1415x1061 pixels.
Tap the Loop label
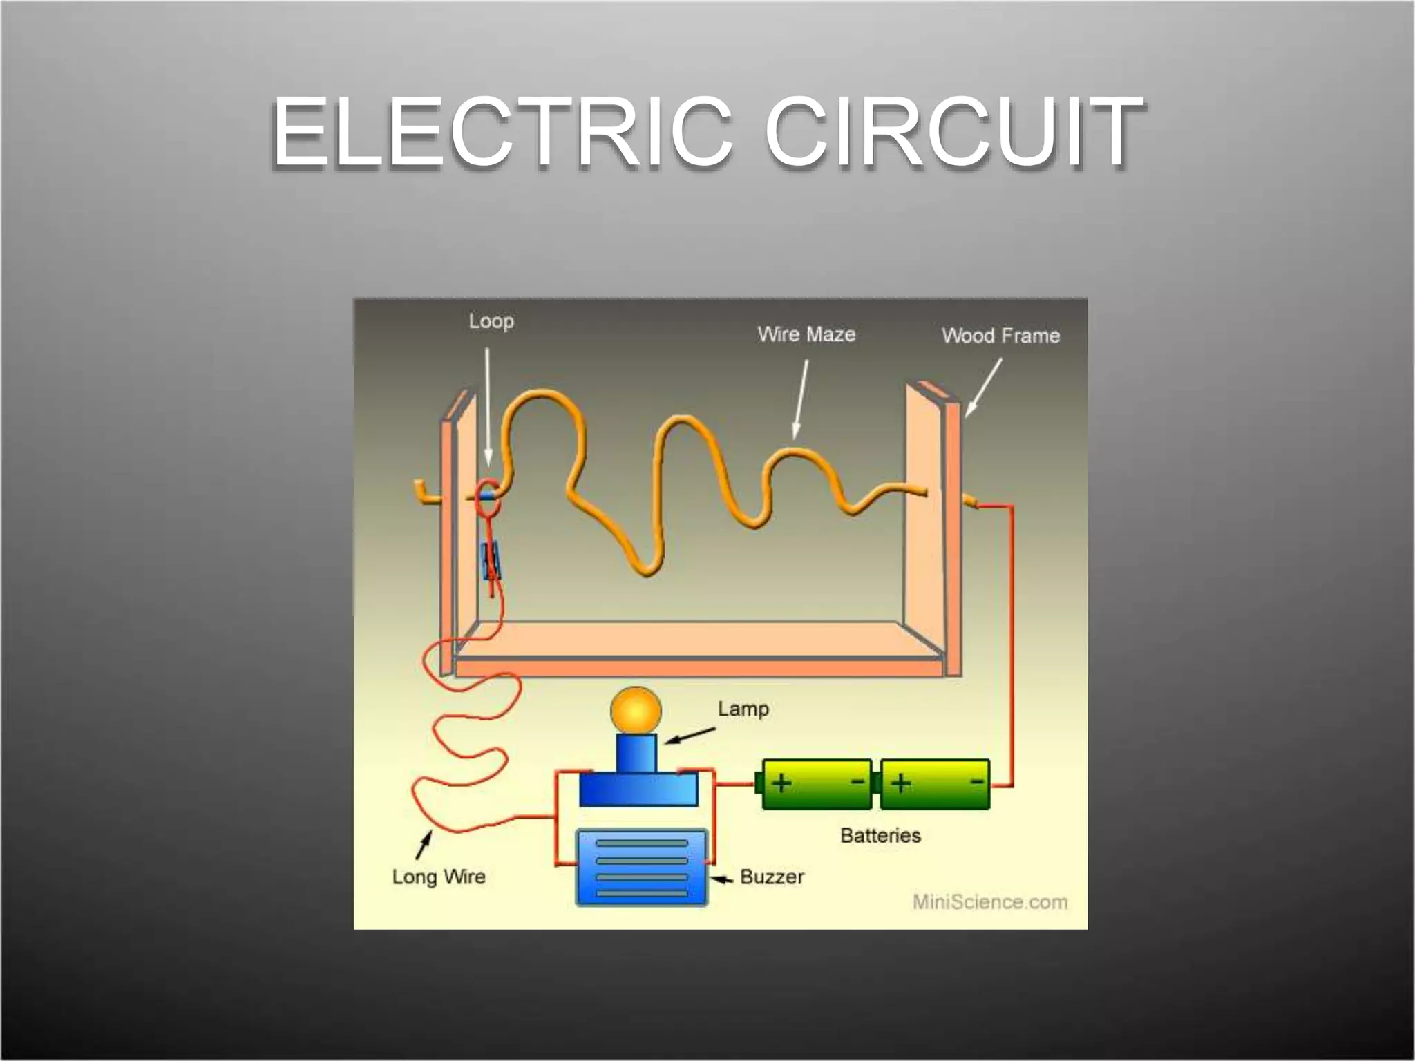(491, 321)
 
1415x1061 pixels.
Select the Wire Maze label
(806, 334)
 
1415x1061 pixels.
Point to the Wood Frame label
(1000, 336)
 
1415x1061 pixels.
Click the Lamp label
(743, 709)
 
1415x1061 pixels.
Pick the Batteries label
(881, 835)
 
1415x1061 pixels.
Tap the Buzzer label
(772, 877)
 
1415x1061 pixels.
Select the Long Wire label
(439, 877)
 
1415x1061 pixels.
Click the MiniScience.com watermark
(990, 902)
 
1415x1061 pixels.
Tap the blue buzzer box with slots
(642, 868)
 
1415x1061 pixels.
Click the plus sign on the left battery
(781, 783)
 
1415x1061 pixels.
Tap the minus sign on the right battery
(978, 781)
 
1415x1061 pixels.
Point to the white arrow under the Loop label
(488, 408)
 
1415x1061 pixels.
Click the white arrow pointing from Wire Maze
(800, 399)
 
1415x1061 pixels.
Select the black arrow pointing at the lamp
(689, 736)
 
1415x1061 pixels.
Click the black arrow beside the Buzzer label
(723, 880)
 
